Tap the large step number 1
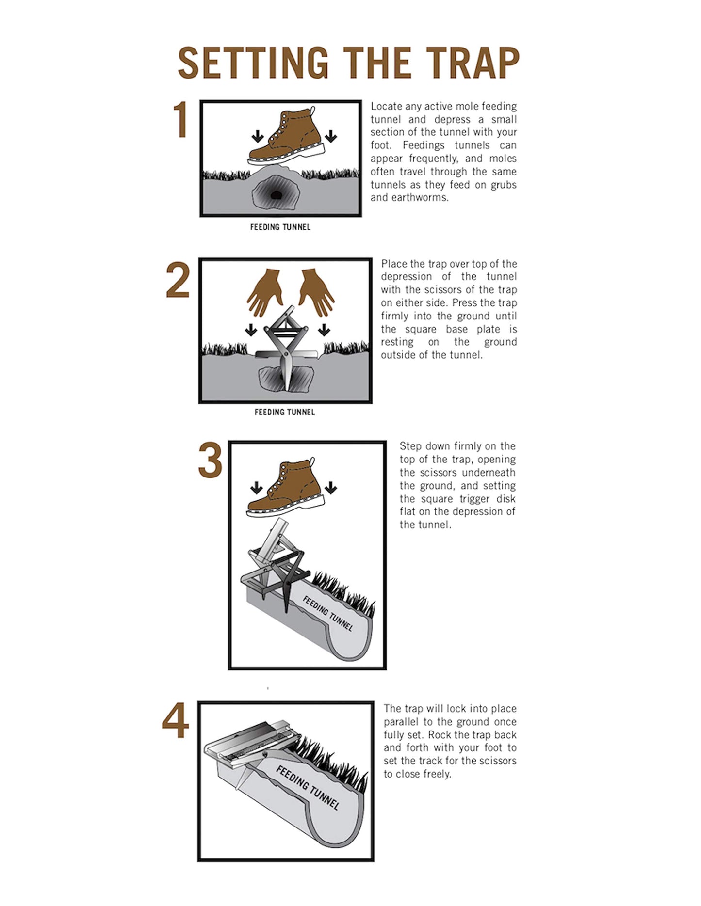click(181, 120)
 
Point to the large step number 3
click(210, 460)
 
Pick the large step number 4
click(176, 721)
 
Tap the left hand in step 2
click(265, 291)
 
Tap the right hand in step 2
click(315, 291)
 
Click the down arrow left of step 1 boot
click(257, 136)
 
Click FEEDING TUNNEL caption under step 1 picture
click(280, 227)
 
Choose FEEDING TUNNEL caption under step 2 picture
click(285, 412)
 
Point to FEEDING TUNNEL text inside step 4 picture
click(308, 787)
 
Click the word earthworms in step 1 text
click(422, 198)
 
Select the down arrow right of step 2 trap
click(324, 330)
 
